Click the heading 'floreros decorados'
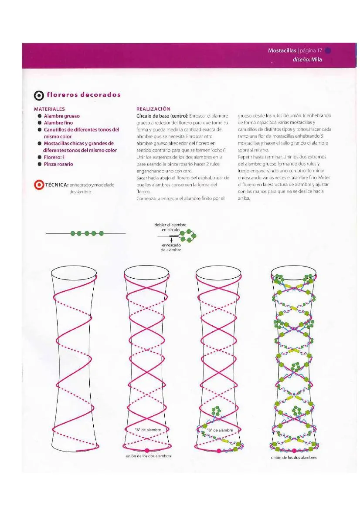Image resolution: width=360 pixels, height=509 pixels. click(x=84, y=95)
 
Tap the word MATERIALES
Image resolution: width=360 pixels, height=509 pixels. click(x=49, y=109)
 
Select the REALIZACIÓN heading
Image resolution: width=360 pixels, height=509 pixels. click(x=153, y=109)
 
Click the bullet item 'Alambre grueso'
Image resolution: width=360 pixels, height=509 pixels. click(x=61, y=116)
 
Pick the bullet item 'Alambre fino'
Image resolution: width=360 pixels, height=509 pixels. click(x=58, y=123)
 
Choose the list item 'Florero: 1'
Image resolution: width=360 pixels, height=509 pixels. click(x=54, y=157)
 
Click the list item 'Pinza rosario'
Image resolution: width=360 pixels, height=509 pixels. click(x=58, y=164)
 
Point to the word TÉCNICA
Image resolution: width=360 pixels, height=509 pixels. click(x=56, y=185)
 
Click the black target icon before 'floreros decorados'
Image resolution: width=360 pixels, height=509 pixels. click(x=39, y=95)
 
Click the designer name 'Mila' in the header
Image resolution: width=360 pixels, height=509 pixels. click(x=316, y=60)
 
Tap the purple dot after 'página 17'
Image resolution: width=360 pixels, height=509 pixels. click(x=328, y=51)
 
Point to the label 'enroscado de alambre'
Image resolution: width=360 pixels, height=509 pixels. click(x=171, y=247)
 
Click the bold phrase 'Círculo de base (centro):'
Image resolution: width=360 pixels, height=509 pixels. click(x=162, y=116)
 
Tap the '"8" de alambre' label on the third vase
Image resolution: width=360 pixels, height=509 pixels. click(x=220, y=430)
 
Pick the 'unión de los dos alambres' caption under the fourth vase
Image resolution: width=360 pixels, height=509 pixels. click(x=293, y=458)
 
